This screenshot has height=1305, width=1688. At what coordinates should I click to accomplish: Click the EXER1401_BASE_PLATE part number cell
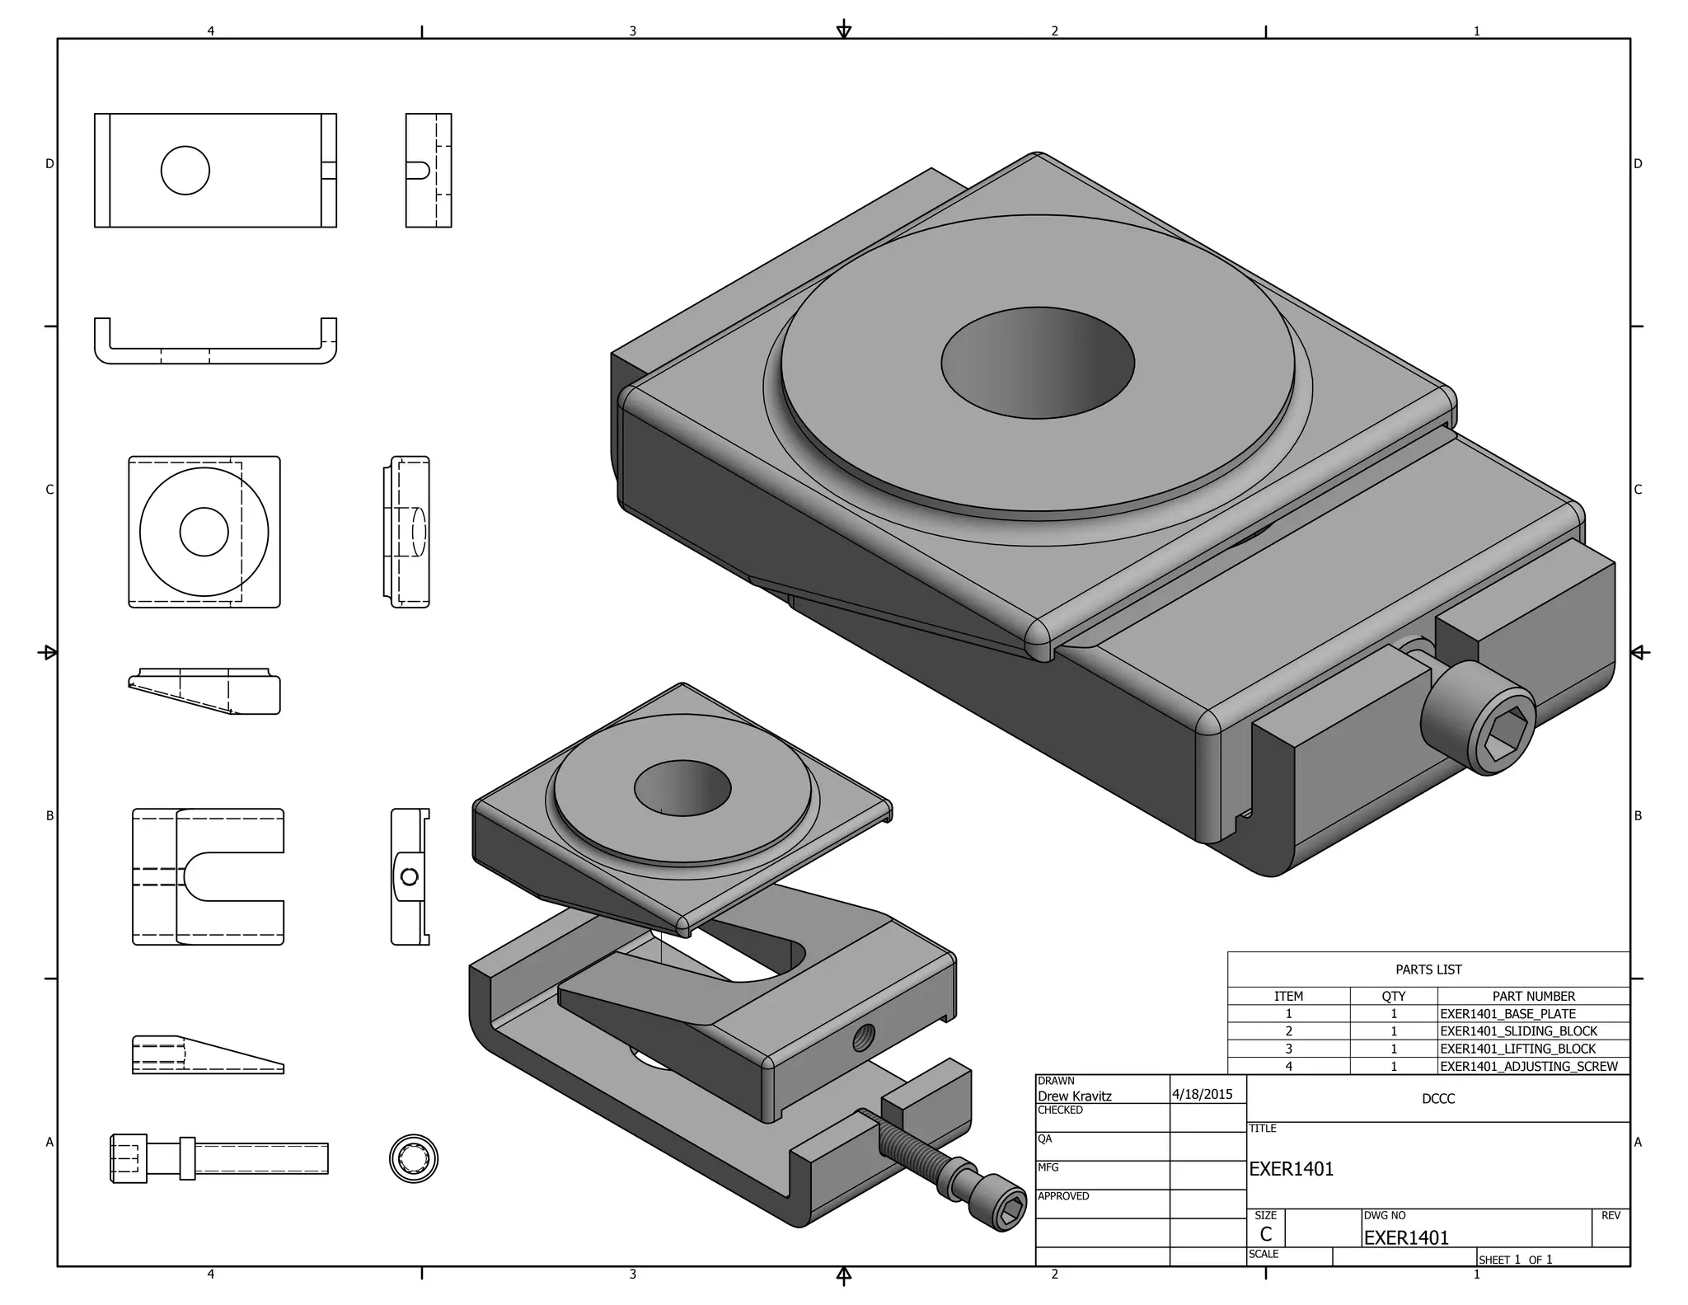(1507, 1014)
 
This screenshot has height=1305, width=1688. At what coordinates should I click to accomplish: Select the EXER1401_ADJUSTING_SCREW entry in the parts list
(1528, 1066)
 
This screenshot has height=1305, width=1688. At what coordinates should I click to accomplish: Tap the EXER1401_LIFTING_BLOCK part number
(1517, 1049)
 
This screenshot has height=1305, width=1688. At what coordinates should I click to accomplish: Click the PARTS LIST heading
(1428, 969)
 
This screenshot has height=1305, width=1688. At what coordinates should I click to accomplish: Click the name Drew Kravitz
(1074, 1096)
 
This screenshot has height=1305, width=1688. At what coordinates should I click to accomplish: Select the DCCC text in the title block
(1438, 1099)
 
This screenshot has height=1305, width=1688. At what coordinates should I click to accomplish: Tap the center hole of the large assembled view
(1038, 363)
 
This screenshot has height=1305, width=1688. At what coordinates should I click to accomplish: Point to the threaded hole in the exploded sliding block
(864, 1035)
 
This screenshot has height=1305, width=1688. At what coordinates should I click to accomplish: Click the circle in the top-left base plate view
(185, 171)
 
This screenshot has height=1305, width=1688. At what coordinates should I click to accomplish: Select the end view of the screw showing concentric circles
(414, 1158)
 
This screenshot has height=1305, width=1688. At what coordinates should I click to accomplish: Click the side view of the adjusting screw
(219, 1158)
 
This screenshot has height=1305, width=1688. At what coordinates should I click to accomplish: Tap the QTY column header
(1393, 996)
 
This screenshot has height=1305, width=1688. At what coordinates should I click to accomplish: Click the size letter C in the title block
(1266, 1234)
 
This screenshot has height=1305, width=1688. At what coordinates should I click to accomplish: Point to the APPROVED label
(1063, 1196)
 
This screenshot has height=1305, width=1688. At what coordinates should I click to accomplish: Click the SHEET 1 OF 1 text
(1515, 1260)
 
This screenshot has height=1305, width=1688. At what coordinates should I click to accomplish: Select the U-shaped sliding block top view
(209, 876)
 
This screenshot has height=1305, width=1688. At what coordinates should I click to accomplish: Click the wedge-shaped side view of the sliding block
(209, 1056)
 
